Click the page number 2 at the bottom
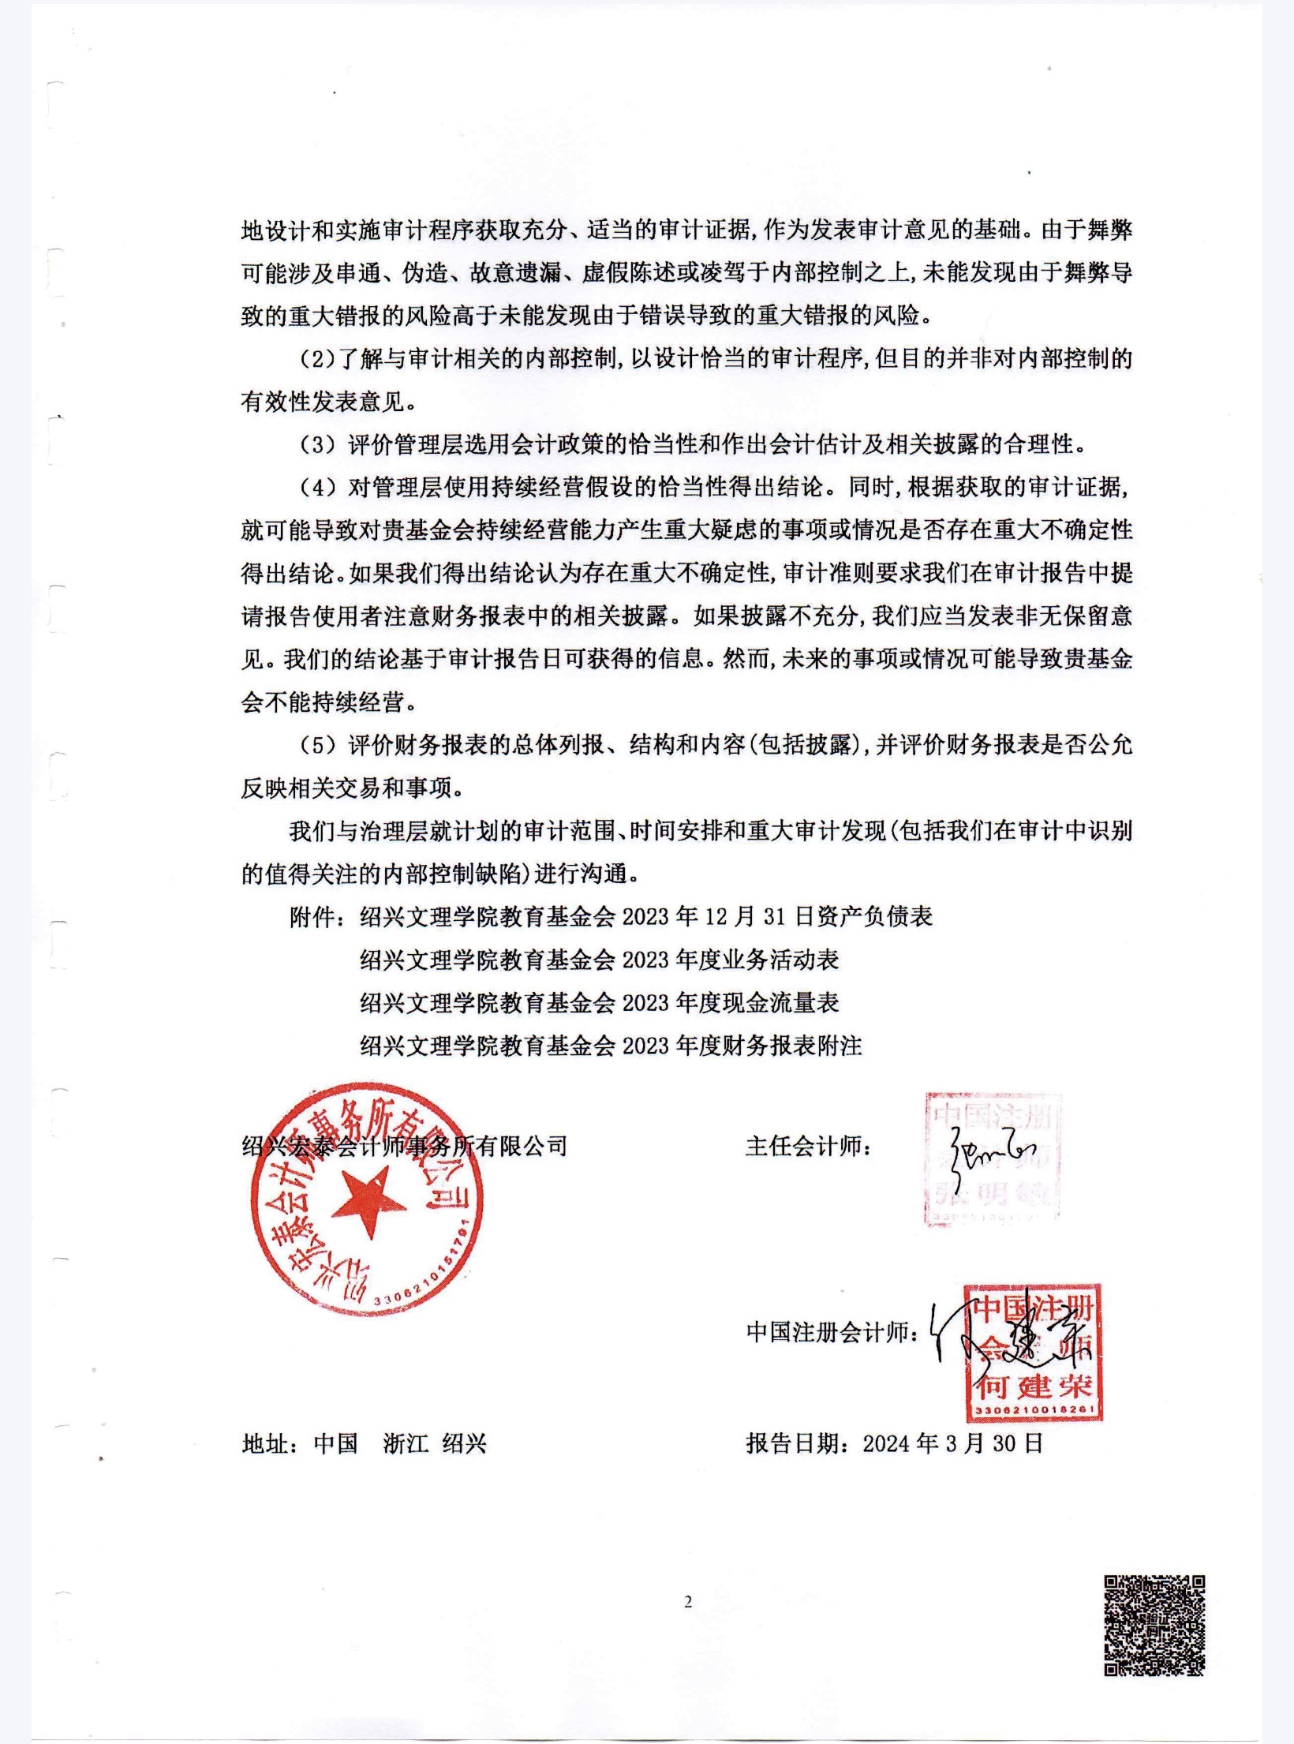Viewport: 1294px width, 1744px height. [x=687, y=1601]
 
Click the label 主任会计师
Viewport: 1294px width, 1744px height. [x=808, y=1146]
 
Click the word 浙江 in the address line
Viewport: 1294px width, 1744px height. [x=406, y=1444]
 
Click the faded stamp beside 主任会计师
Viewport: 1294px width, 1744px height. [x=992, y=1157]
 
